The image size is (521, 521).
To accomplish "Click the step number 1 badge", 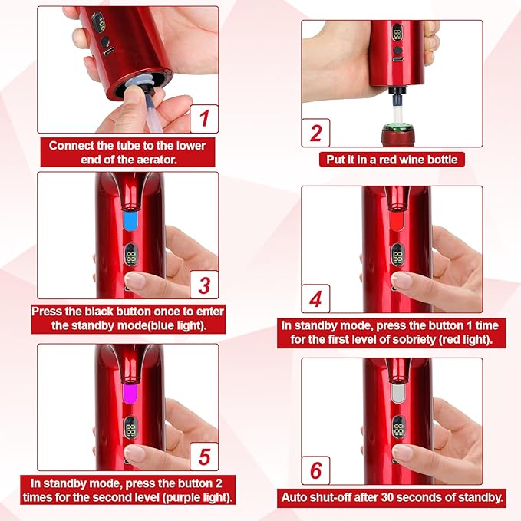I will point(203,119).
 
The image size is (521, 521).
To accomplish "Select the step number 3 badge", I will point(203,285).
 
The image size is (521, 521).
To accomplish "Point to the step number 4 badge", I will point(315,298).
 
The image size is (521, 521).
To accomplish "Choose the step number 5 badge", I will point(203,457).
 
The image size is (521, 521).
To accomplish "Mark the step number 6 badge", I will point(315,469).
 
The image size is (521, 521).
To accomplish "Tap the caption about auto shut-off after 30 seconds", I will point(391,497).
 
